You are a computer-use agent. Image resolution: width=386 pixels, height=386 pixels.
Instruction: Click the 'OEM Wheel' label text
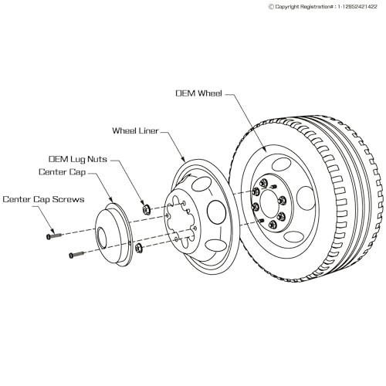point(198,93)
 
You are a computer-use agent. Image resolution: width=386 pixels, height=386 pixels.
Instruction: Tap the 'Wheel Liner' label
point(135,130)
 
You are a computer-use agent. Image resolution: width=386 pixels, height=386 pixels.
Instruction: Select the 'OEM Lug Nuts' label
point(78,159)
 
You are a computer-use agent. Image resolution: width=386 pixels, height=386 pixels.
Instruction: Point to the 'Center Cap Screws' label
point(43,199)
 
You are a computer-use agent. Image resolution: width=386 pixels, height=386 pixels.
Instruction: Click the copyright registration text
point(323,7)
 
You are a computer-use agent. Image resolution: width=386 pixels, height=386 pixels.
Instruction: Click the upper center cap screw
point(54,235)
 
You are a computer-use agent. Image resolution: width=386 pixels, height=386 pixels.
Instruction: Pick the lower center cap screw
point(76,255)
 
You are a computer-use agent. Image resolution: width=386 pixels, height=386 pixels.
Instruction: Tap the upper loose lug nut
point(147,209)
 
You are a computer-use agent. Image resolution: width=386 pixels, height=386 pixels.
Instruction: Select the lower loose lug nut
point(139,248)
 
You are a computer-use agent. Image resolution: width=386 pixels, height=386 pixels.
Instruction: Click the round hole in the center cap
point(102,239)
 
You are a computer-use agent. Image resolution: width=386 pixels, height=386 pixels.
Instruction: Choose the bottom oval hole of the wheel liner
point(215,245)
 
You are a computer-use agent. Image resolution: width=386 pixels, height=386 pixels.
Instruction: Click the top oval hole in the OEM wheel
point(281,164)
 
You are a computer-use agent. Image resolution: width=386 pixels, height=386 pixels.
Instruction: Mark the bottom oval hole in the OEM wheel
point(294,236)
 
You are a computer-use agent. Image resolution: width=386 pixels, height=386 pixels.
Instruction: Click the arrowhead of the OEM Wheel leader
point(265,151)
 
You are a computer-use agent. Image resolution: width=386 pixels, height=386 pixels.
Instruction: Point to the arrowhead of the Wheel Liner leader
point(184,160)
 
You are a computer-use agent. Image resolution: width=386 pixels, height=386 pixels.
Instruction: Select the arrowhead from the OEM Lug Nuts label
point(142,203)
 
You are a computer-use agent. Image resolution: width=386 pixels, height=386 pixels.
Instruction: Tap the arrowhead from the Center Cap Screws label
point(52,231)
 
